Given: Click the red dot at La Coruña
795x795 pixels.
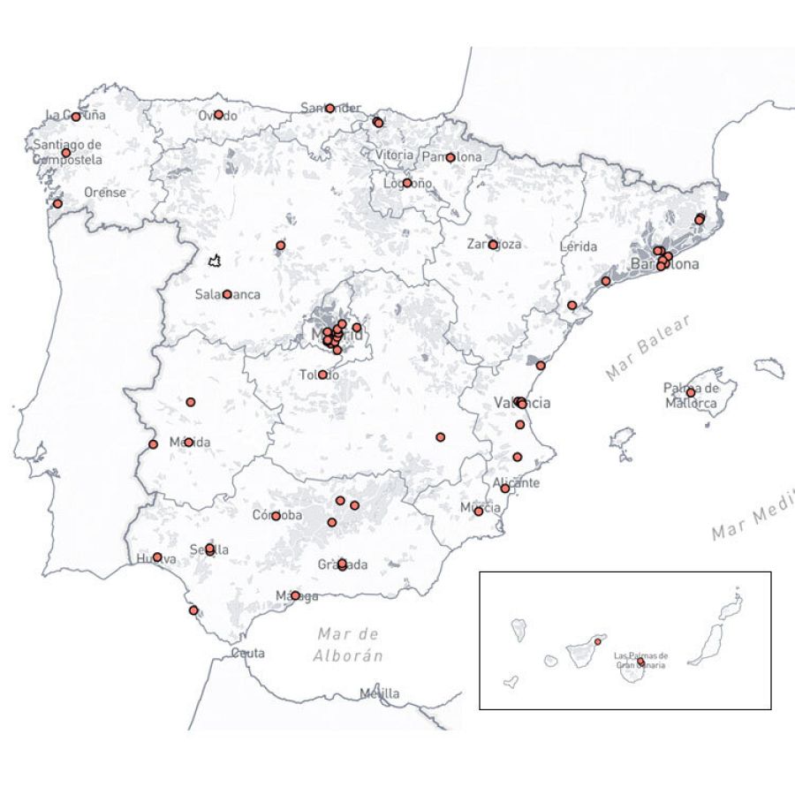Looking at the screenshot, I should [x=76, y=117].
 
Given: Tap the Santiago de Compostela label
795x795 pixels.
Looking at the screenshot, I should [x=67, y=152].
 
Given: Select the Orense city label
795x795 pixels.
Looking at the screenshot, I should [x=105, y=193].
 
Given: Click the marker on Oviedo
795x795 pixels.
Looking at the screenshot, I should [x=219, y=115].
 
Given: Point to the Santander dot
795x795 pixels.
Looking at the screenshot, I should [x=329, y=109].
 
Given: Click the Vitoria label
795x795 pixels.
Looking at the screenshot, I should [x=394, y=155].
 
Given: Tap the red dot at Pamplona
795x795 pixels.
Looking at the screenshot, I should [x=450, y=158].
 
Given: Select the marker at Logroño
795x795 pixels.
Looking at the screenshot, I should [x=407, y=184].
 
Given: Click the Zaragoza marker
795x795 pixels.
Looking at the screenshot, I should [x=493, y=245].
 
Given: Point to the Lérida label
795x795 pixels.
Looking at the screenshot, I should [x=579, y=246].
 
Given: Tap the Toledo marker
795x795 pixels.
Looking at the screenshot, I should [x=322, y=375].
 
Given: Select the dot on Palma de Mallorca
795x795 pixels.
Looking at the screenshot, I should [x=691, y=393].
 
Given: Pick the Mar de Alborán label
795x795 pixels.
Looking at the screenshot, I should [x=350, y=645].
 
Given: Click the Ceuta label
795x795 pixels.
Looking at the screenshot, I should [x=247, y=653].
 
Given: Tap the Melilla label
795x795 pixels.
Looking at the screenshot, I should [x=379, y=693].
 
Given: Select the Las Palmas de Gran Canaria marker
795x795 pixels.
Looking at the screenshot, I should [x=640, y=662].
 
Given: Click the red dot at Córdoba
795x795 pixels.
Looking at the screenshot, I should [x=276, y=516].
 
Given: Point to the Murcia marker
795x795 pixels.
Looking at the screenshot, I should [x=479, y=511].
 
